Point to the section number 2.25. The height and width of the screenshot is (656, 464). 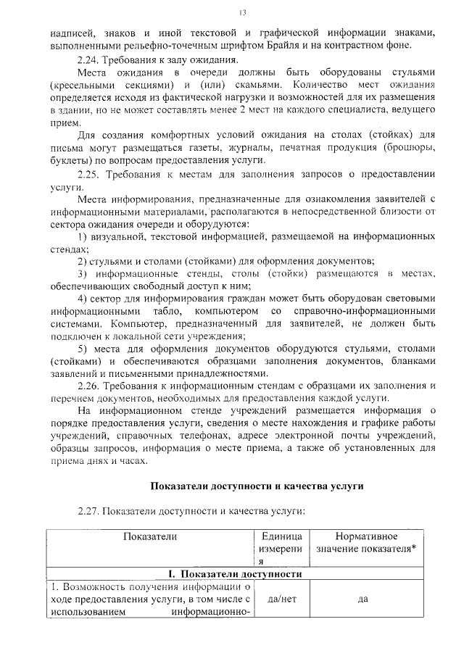(x=90, y=174)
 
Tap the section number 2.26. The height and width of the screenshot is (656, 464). (x=90, y=386)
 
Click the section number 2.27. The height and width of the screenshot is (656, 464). (x=90, y=511)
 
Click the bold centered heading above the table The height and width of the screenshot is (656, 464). (x=256, y=486)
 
